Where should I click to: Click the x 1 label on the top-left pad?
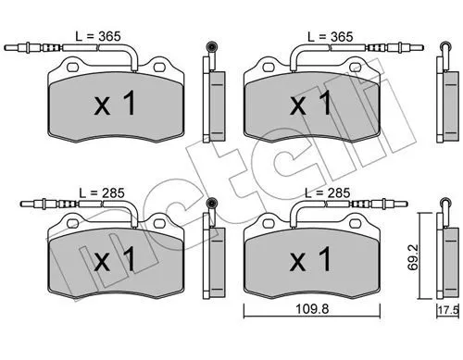[116, 104]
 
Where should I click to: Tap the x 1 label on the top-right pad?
[312, 104]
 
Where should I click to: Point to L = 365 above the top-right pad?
[329, 36]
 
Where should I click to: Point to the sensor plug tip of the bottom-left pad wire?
[20, 205]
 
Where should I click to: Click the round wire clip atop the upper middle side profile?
[210, 47]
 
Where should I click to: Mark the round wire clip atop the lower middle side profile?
[210, 204]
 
